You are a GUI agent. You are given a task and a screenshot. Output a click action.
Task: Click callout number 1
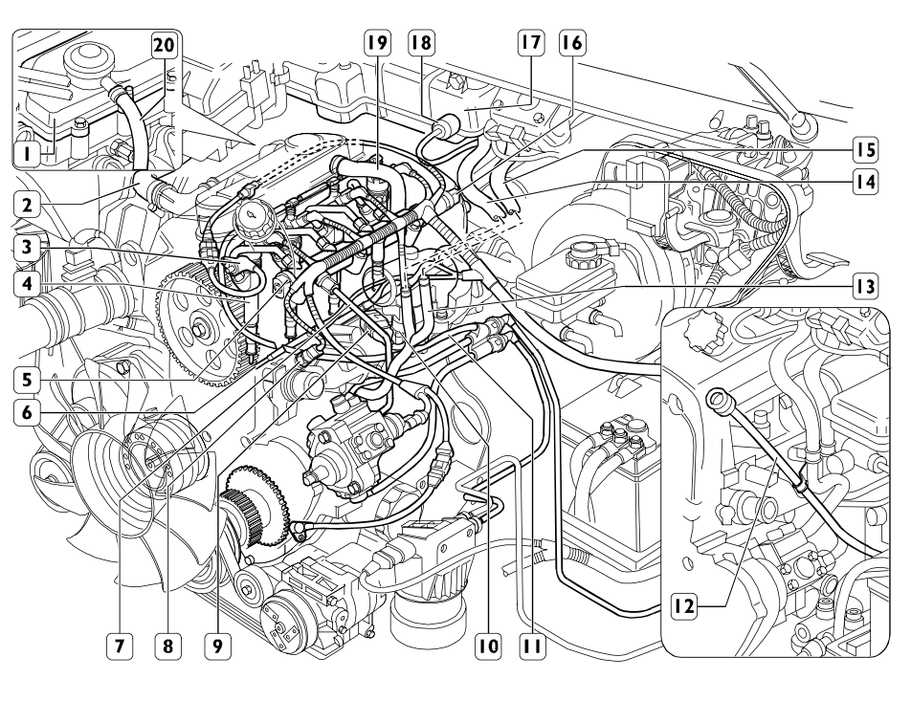point(31,151)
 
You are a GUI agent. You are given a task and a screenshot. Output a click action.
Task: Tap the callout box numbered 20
point(167,44)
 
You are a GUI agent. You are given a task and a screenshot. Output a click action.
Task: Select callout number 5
point(31,376)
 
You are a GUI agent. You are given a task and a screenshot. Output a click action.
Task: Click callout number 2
point(31,204)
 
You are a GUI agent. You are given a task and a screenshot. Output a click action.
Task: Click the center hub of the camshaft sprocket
point(198,331)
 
